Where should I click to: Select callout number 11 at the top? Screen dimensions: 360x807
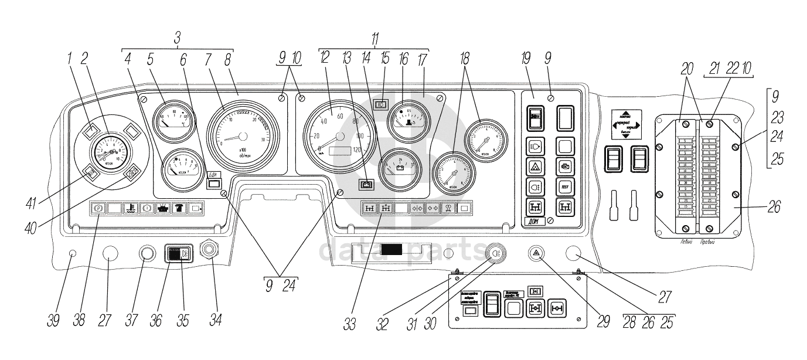[375, 38]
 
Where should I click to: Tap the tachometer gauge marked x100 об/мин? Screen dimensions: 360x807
[241, 136]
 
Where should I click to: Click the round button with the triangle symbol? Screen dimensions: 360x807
[536, 253]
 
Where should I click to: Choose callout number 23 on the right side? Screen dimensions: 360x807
[776, 116]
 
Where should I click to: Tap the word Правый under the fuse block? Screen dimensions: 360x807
[710, 240]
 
